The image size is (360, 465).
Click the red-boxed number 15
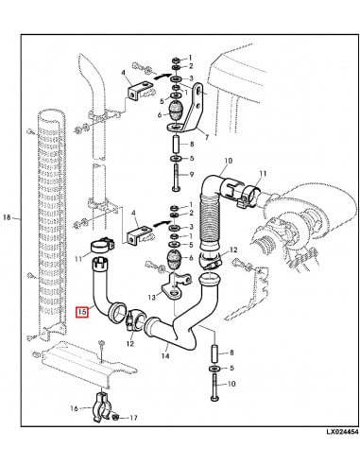(x=82, y=309)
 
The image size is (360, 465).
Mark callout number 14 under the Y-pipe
(x=163, y=356)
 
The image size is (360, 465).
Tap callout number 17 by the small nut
(x=133, y=418)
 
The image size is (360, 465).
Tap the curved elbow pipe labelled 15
(x=102, y=288)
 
